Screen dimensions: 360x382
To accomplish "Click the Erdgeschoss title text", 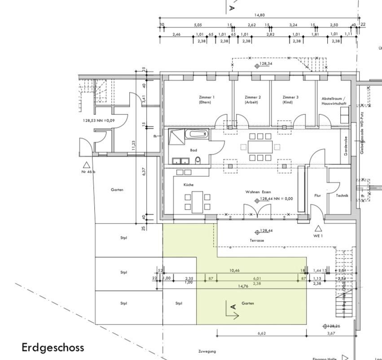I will (53, 347).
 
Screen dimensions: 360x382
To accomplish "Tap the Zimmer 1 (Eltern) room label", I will (207, 100).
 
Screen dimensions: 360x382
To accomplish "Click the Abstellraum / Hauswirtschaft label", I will (332, 101).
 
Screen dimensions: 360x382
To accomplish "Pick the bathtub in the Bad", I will (198, 134).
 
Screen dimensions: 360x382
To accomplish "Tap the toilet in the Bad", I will (198, 160).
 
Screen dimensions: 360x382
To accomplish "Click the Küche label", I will (188, 185).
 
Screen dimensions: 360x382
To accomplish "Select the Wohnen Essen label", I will (258, 192).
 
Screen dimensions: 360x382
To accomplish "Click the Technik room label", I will (342, 195).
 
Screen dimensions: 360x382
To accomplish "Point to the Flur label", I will (318, 196).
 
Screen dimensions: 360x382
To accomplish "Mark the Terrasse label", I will (257, 241).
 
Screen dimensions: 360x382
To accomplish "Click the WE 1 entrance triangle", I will (319, 228).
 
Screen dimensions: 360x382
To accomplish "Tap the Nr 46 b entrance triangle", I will (86, 165).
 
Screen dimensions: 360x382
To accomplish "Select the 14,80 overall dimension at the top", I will (259, 15).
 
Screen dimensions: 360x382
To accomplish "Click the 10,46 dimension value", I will (234, 271).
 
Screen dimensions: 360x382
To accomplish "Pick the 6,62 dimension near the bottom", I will (262, 334).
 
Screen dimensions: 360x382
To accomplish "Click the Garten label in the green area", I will (248, 303).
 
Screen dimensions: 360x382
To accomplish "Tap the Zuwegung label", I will (207, 351).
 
